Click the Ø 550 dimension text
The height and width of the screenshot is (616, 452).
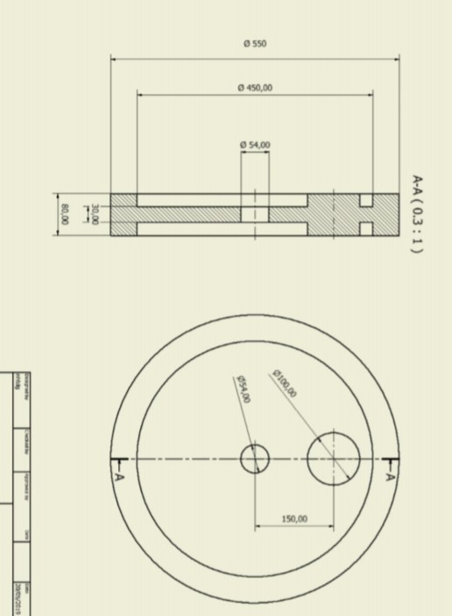pos(254,43)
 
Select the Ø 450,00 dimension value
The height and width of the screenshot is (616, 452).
pos(255,87)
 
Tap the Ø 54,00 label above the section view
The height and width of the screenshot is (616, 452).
pos(255,144)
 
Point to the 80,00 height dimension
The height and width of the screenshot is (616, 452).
pos(63,214)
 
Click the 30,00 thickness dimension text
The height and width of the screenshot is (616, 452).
pos(94,214)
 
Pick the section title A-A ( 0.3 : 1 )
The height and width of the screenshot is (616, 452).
pos(418,213)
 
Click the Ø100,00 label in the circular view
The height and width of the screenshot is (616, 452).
pos(285,383)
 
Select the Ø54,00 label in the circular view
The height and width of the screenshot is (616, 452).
pos(242,388)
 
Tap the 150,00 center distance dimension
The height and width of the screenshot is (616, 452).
pos(294,519)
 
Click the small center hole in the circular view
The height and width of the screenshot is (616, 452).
pos(255,458)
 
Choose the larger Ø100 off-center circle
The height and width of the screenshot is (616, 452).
pos(333,458)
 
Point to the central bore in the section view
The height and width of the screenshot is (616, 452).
pos(255,214)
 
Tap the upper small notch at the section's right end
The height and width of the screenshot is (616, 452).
pos(366,200)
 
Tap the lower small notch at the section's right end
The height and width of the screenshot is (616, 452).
pos(366,229)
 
